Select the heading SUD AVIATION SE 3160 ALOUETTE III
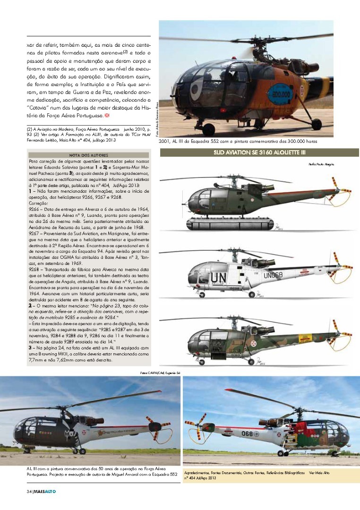click(x=259, y=153)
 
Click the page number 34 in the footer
click(x=29, y=492)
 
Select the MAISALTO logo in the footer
click(x=45, y=492)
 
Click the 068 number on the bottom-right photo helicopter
click(x=248, y=433)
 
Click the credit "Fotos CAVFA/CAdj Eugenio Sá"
click(x=161, y=373)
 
